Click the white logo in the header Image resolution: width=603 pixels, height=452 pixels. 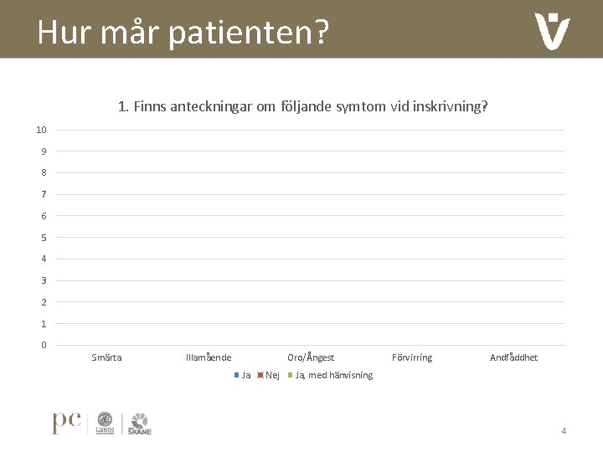[x=552, y=31]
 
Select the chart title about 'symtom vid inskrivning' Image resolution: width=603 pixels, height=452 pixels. [x=303, y=107]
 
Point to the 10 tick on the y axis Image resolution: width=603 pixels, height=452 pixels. [x=41, y=130]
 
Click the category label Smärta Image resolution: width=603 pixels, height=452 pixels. [x=106, y=358]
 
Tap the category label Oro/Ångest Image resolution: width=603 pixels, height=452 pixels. [x=311, y=358]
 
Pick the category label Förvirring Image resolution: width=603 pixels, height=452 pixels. [x=412, y=358]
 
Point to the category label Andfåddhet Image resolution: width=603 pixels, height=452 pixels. [x=513, y=358]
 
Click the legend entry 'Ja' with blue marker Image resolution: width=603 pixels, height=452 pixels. [x=243, y=375]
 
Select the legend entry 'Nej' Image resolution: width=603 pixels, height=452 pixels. [x=269, y=375]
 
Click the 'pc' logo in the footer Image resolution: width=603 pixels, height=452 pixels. [x=66, y=423]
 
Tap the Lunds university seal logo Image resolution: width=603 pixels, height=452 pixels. [x=105, y=423]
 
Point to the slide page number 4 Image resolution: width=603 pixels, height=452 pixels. [x=564, y=431]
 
